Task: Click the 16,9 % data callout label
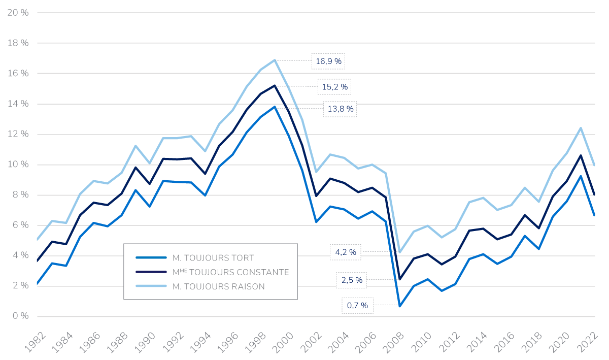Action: [329, 61]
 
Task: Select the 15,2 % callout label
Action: [335, 87]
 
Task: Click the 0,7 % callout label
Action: [357, 306]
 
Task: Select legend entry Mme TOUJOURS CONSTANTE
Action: [230, 272]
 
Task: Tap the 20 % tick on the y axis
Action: [18, 13]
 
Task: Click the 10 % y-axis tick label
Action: [18, 165]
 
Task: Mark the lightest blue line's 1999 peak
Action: [275, 60]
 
